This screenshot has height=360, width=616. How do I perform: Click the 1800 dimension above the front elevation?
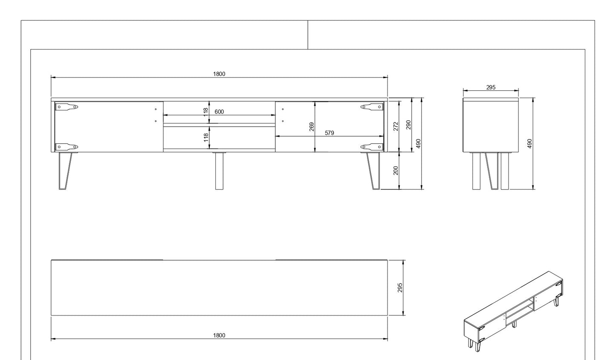click(219, 74)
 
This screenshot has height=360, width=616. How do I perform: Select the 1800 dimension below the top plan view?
click(219, 335)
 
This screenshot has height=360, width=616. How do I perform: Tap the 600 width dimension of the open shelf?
click(219, 112)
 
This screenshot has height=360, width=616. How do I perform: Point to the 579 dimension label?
click(329, 133)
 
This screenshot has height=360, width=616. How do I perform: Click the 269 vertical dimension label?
click(312, 127)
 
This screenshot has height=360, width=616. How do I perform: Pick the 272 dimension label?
click(396, 126)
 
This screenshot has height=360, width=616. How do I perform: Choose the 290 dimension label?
click(408, 125)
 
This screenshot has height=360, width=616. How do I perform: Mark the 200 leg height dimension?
click(396, 170)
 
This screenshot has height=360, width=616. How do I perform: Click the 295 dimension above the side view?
click(491, 87)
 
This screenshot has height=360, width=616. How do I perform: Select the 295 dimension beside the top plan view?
click(400, 287)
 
